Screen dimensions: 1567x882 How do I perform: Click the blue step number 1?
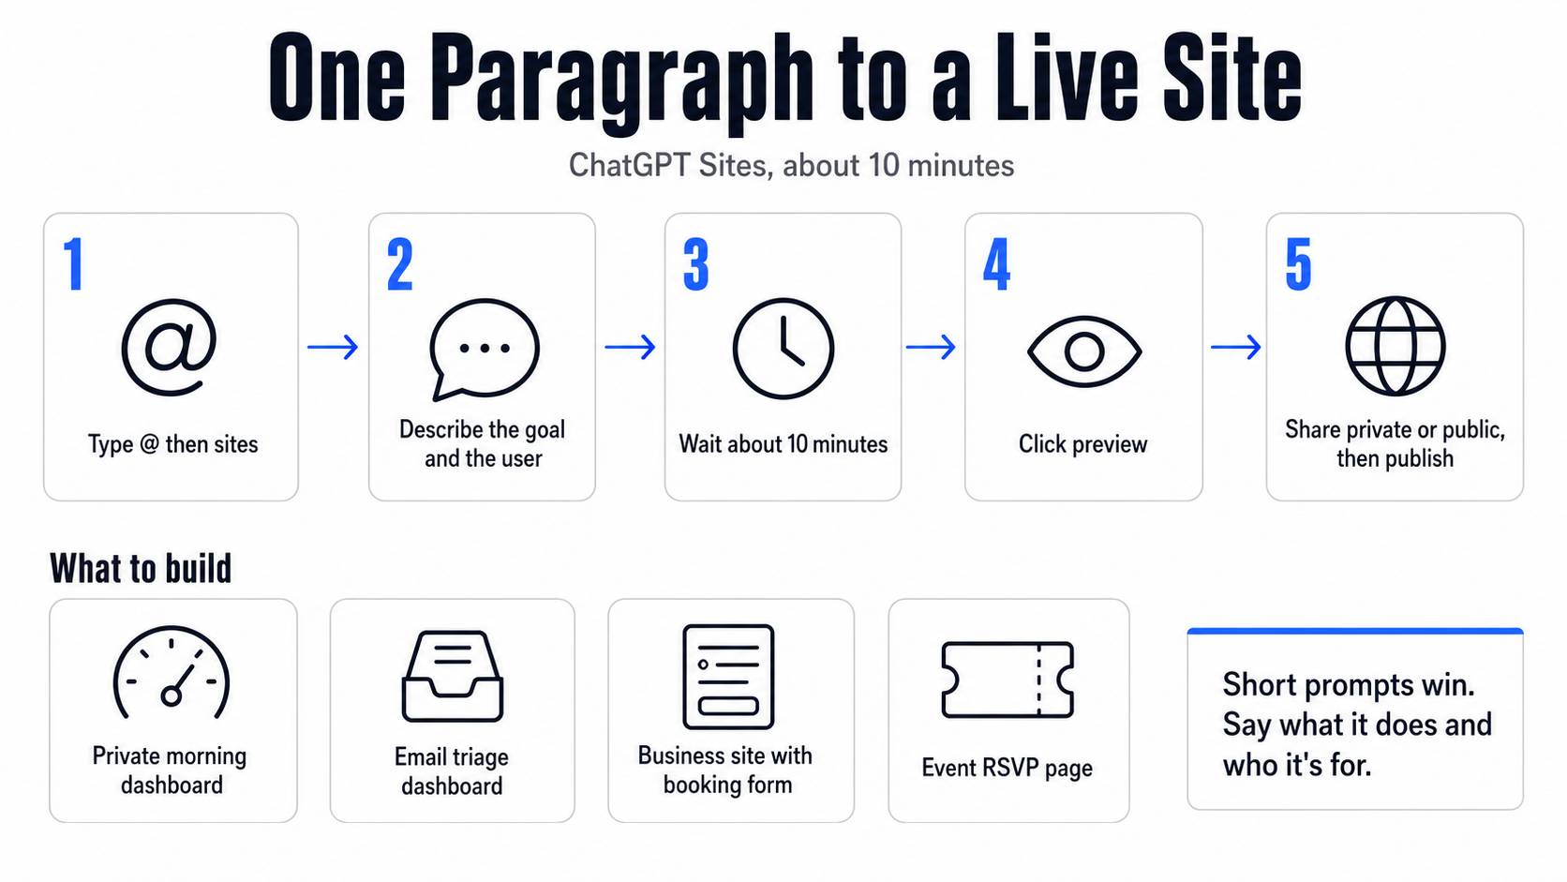(74, 263)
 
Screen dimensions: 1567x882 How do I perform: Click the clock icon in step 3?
(783, 349)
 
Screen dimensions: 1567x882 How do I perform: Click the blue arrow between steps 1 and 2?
(333, 347)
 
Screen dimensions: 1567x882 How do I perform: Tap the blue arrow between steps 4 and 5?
(1236, 347)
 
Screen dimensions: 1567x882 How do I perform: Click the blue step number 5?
(1298, 263)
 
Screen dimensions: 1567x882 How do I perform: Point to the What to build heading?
(141, 568)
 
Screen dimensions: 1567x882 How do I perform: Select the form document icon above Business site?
(728, 627)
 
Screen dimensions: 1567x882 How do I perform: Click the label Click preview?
(1082, 444)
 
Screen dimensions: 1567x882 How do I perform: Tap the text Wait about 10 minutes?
(783, 444)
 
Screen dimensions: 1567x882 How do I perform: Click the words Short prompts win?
(1349, 685)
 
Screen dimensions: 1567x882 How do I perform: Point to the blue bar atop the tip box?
(1355, 631)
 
